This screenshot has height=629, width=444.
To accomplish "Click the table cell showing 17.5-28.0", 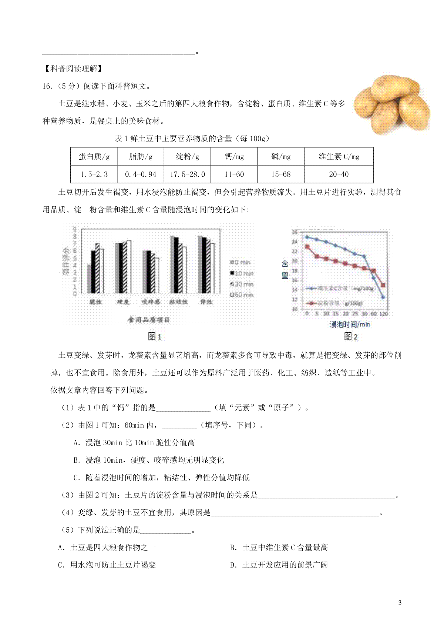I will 187,174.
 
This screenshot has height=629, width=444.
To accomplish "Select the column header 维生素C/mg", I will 339,156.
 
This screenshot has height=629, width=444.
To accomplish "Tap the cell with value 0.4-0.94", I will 141,174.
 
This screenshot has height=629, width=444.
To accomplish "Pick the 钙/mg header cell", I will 234,156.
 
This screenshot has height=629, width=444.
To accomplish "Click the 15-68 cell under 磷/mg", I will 281,174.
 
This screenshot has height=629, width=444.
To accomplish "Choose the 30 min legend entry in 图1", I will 242,284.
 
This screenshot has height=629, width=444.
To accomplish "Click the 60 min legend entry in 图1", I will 242,294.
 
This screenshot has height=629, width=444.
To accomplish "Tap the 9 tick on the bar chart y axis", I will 75,229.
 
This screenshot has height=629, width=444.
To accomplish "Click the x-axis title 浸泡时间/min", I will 350,325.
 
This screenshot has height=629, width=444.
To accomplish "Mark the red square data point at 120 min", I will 383,285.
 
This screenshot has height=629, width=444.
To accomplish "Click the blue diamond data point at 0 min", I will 307,237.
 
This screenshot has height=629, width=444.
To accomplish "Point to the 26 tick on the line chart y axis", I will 295,232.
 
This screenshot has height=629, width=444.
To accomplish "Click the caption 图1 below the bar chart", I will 154,336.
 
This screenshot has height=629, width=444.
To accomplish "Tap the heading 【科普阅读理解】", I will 73,69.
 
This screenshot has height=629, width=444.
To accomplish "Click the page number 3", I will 400,603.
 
